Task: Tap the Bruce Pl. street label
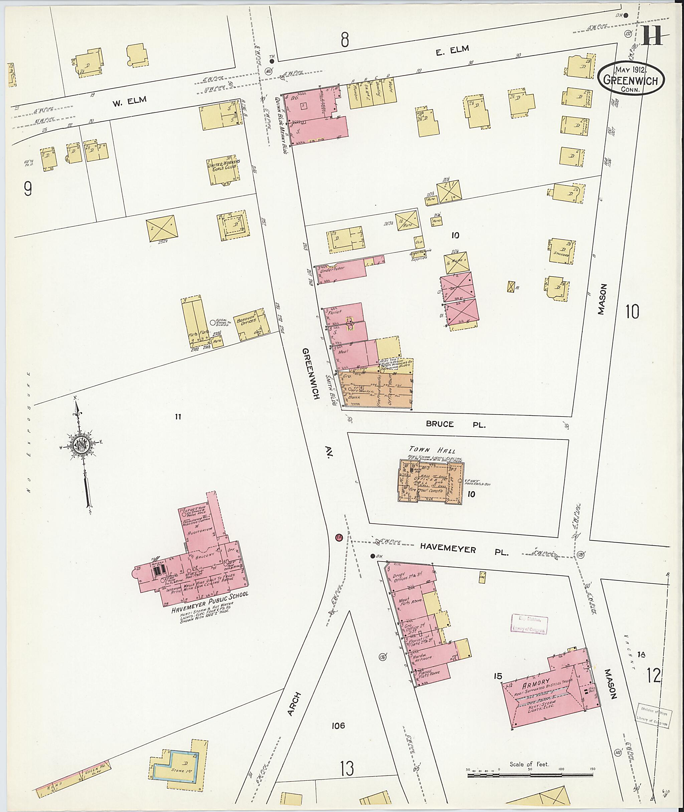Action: (455, 424)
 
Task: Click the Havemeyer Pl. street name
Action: (464, 550)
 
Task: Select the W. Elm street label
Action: (129, 101)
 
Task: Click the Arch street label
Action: (294, 703)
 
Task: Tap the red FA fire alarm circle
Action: (339, 537)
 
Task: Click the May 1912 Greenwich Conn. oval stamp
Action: (631, 79)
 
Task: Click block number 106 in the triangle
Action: (338, 725)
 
